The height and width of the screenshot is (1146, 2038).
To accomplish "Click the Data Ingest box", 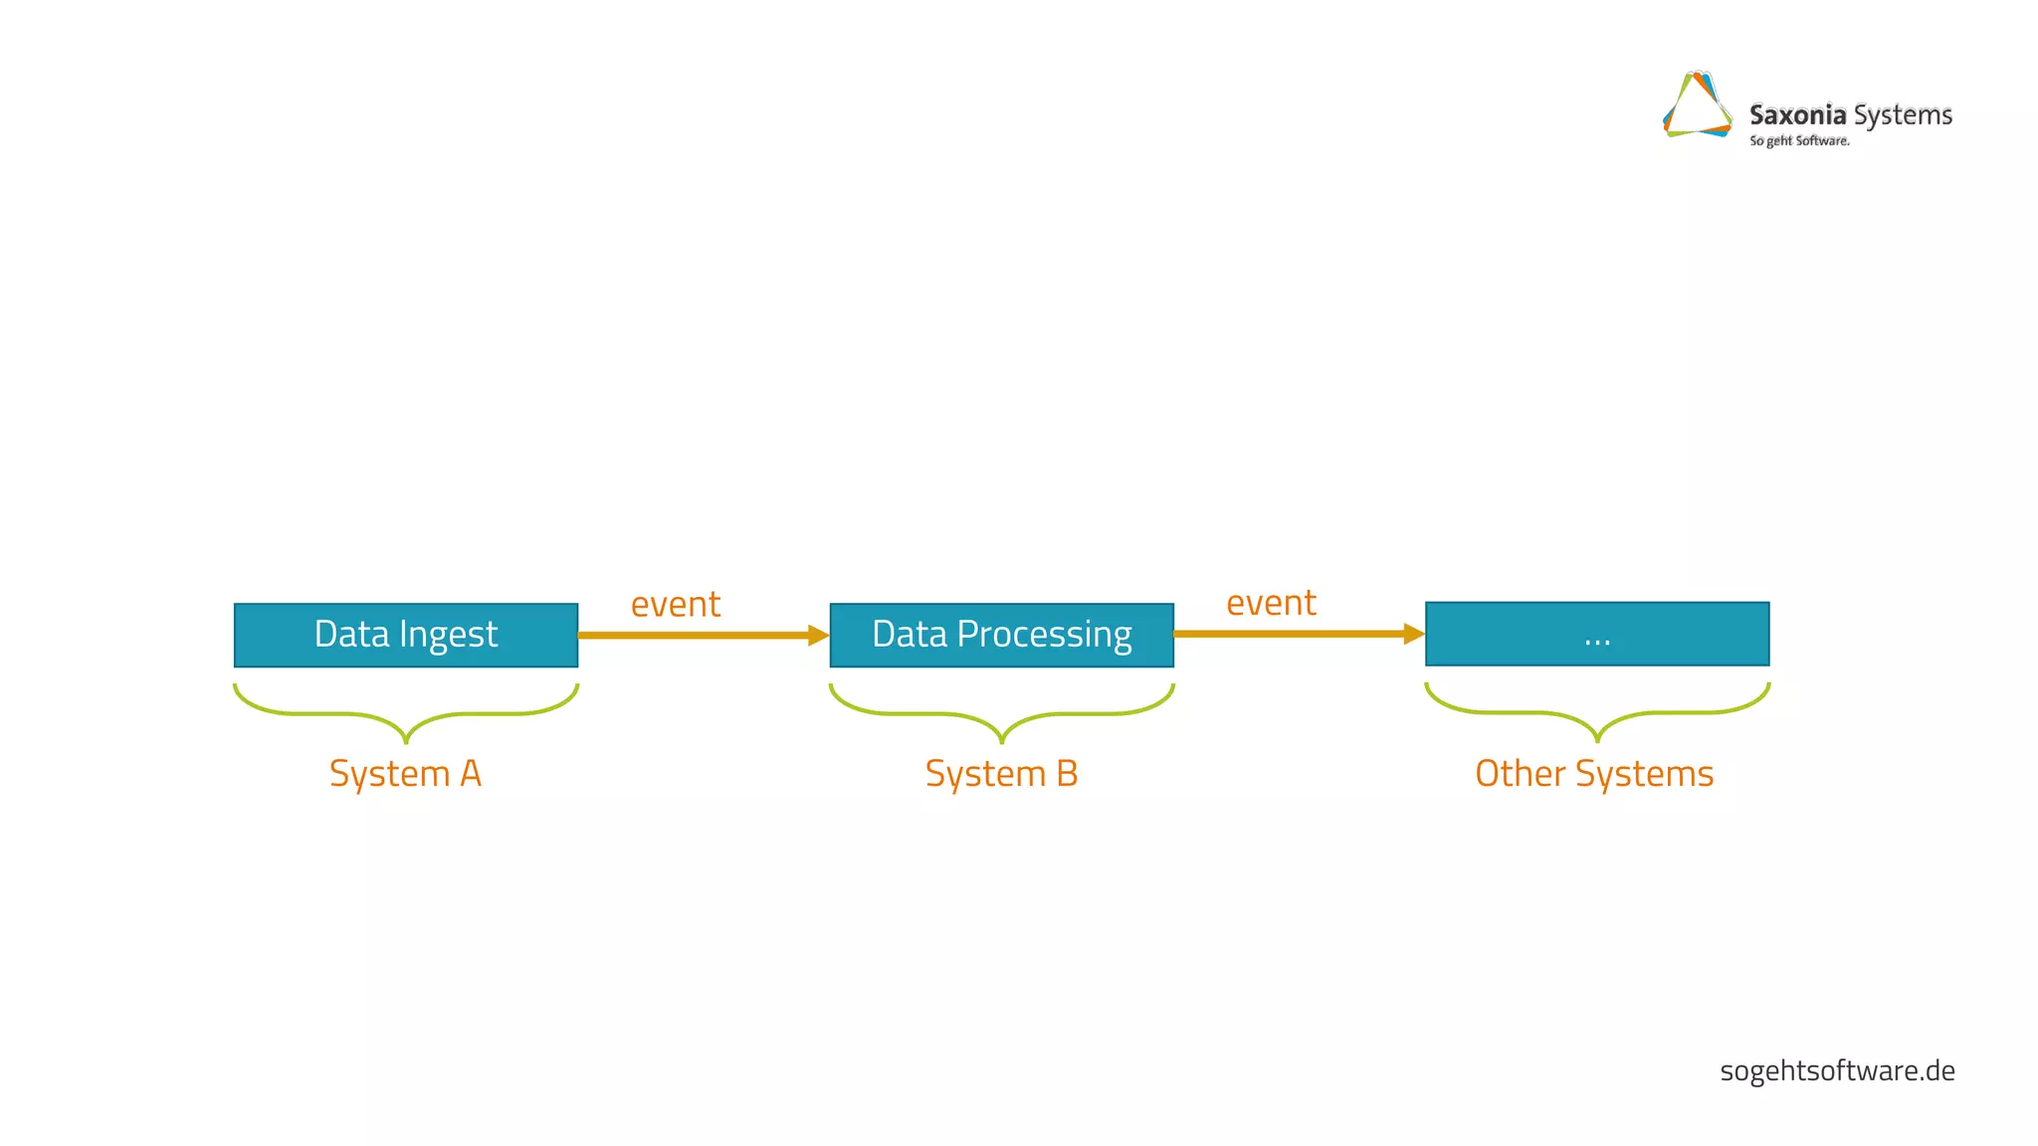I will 405,635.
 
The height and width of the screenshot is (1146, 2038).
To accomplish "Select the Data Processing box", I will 1001,635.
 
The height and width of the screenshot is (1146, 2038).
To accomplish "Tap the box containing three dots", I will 1596,634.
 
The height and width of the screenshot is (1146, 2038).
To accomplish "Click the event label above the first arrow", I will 676,604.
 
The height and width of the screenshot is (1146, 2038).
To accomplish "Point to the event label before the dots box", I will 1271,602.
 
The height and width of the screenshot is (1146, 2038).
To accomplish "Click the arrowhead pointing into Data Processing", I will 819,635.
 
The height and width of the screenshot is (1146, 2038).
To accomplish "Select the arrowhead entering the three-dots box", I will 1414,634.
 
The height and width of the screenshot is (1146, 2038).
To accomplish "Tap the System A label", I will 405,773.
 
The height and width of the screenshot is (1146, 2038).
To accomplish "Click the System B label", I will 1001,773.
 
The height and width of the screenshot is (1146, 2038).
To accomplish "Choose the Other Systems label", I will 1594,773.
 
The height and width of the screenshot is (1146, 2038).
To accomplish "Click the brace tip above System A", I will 406,739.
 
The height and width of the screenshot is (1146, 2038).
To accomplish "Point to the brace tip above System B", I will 1002,739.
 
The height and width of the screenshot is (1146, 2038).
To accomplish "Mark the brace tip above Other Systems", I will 1597,738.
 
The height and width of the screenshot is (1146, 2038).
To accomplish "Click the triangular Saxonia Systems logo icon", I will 1698,105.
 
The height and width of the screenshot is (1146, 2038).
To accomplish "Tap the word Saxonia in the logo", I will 1797,115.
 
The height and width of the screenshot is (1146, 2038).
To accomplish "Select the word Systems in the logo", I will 1903,115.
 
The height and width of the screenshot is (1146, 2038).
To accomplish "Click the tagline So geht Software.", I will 1799,141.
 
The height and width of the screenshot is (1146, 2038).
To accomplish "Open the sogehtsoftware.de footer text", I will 1837,1070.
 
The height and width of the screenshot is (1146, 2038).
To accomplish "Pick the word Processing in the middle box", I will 1044,635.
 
